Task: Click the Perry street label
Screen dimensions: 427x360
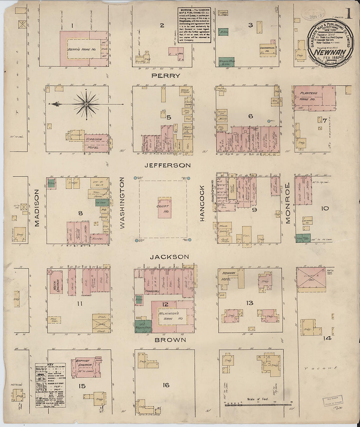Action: [x=166, y=76]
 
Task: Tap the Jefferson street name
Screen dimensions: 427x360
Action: [x=168, y=165]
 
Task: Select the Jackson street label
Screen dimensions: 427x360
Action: [x=169, y=257]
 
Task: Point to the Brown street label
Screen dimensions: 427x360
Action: [x=170, y=340]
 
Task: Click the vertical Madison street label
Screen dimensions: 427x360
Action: [x=37, y=208]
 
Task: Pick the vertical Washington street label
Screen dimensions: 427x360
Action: [x=122, y=203]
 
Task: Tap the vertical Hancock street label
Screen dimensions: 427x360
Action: [x=202, y=203]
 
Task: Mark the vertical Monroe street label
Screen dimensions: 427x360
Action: [x=288, y=203]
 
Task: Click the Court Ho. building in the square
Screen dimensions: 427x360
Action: [x=163, y=207]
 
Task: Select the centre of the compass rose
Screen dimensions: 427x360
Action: [x=86, y=104]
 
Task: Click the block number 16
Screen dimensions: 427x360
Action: [x=166, y=385]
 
